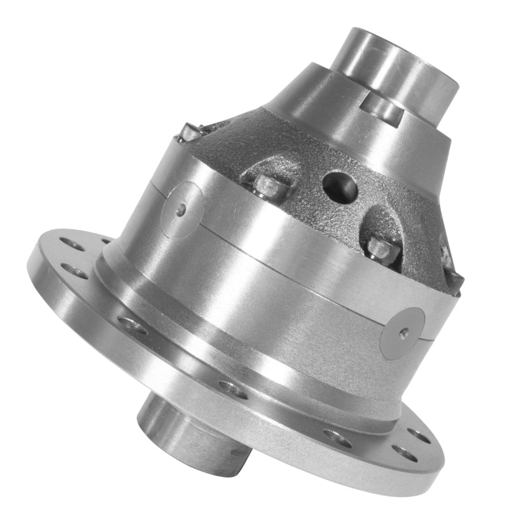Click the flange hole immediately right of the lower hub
point(337,438)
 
